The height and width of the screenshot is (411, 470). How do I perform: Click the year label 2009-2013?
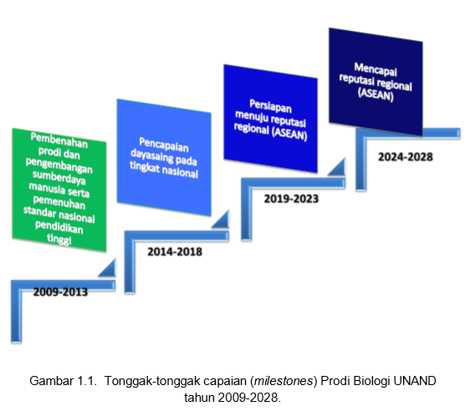pos(60,292)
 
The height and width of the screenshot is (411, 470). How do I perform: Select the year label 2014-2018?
pos(175,251)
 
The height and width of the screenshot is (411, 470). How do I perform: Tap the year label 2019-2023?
pos(291,199)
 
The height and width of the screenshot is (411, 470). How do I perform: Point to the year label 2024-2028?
pos(406,157)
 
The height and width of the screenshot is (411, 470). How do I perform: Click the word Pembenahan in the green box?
pos(59,140)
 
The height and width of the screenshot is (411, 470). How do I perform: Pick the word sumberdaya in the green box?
pos(59,178)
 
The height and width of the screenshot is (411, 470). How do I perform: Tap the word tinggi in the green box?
pos(59,240)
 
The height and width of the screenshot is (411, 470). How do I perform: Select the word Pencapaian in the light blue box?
pos(164,145)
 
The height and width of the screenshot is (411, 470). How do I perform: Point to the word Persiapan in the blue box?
pos(270,106)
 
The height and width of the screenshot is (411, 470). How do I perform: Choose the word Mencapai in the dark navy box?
pos(375,69)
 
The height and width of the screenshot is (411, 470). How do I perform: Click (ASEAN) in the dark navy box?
pos(375,94)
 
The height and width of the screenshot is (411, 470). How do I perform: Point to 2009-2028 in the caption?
pos(248,398)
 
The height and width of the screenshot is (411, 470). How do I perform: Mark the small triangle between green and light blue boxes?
pos(109,270)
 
